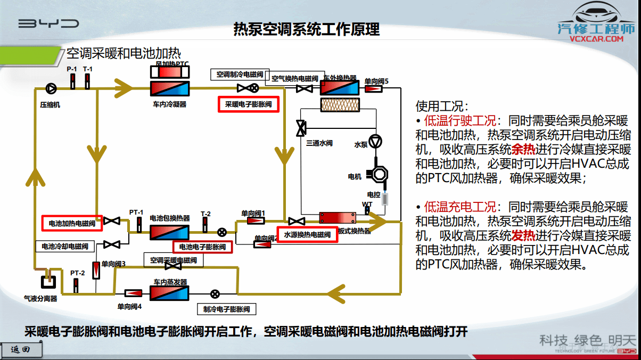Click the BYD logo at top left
tap(48, 23)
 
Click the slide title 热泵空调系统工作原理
tap(307, 29)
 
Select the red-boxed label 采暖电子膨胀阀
tap(249, 104)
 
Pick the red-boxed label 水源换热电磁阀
tap(307, 234)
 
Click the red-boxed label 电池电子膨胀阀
tap(202, 247)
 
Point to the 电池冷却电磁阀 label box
tap(65, 247)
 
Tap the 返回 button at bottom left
tap(20, 349)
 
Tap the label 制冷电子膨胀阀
tap(227, 309)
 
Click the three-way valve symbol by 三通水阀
tap(301, 128)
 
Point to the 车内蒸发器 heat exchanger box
tap(170, 293)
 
